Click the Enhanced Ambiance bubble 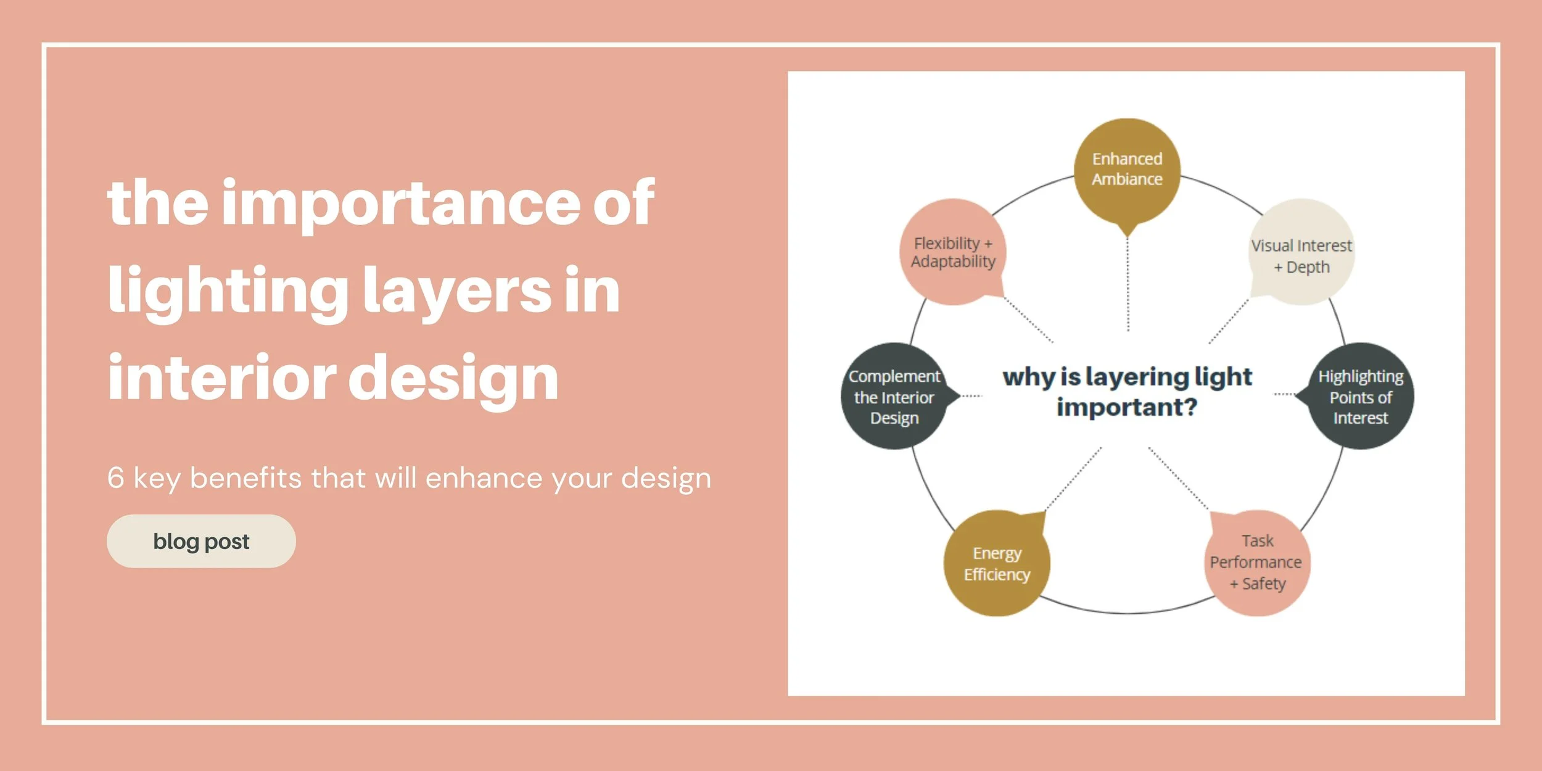pos(1127,170)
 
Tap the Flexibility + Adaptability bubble pos(953,252)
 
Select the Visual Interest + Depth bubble pos(1301,253)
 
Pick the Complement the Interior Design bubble pos(894,397)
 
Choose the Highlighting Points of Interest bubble pos(1361,397)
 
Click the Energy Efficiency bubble pos(997,563)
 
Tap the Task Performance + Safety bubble pos(1257,563)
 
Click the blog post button pos(201,541)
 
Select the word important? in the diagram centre pos(1127,407)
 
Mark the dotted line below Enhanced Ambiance pos(1128,284)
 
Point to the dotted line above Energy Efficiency pos(1073,479)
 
